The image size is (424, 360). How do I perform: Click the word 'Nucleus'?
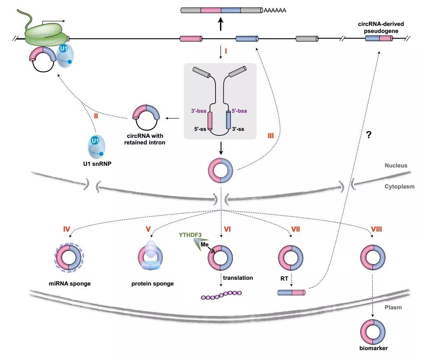point(396,165)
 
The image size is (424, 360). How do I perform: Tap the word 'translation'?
point(238,278)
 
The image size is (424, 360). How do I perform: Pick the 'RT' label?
point(283,278)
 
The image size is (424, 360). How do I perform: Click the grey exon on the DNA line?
point(307,39)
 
